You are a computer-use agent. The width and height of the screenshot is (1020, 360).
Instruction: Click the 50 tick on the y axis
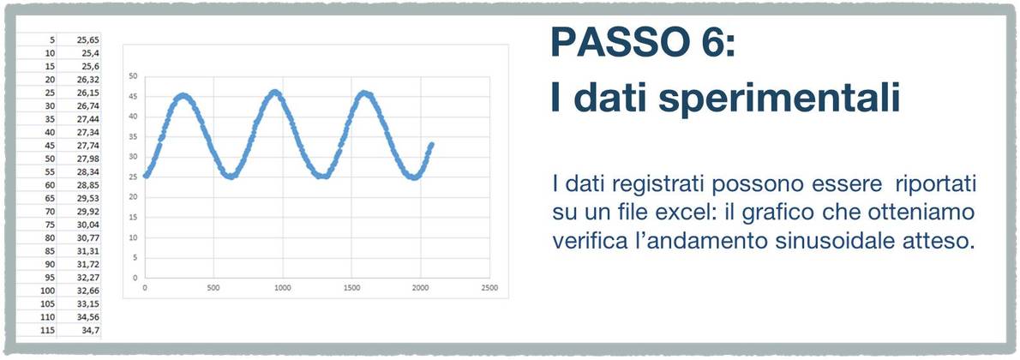point(135,76)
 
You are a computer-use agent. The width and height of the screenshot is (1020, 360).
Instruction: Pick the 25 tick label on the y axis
point(135,177)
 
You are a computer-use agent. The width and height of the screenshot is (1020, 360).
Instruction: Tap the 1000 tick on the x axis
point(282,288)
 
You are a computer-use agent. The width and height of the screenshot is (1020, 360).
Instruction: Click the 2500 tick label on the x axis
point(489,288)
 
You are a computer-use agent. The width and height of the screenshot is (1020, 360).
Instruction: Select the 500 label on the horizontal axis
point(213,288)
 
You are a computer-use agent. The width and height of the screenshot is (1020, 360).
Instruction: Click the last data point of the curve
point(431,145)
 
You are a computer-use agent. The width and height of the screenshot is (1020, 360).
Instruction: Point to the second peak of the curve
point(275,93)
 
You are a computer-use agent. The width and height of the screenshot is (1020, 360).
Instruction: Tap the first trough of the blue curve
point(231,176)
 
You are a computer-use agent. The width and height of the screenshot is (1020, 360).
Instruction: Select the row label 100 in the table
point(48,291)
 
